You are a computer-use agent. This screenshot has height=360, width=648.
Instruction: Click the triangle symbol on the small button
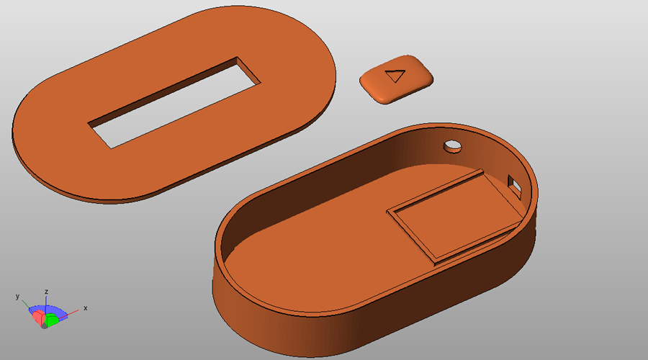pyautogui.click(x=395, y=76)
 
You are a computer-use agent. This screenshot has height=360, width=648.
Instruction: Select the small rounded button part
pyautogui.click(x=396, y=78)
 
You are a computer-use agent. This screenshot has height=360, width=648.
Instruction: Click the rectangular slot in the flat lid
pyautogui.click(x=174, y=102)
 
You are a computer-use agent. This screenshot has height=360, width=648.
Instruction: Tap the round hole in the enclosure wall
pyautogui.click(x=453, y=146)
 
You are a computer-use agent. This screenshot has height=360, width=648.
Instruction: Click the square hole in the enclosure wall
pyautogui.click(x=514, y=184)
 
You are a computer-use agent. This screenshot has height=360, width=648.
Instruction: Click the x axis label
pyautogui.click(x=86, y=308)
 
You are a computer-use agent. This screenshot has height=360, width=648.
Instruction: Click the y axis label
pyautogui.click(x=17, y=297)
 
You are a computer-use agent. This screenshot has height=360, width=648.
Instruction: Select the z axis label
pyautogui.click(x=47, y=292)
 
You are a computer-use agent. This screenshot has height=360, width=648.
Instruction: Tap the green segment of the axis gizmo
pyautogui.click(x=52, y=320)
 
